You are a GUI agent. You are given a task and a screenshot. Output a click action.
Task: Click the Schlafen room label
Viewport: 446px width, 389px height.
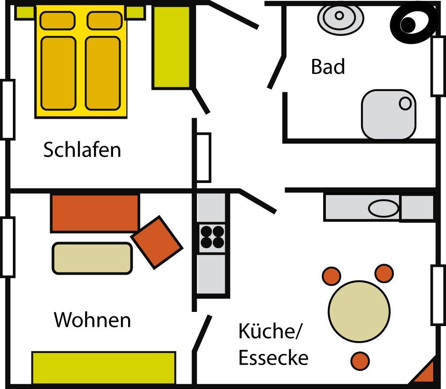(x=82, y=150)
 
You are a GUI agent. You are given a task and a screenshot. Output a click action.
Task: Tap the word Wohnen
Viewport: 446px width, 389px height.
(x=92, y=319)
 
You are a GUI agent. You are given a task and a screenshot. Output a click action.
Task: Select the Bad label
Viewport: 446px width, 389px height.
(x=328, y=67)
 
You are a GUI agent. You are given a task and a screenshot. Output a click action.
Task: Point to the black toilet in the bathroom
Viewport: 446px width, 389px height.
(x=411, y=23)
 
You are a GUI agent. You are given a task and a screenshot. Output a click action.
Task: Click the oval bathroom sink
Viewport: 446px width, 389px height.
(x=340, y=17)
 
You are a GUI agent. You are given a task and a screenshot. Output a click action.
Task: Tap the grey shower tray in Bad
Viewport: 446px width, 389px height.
(x=388, y=114)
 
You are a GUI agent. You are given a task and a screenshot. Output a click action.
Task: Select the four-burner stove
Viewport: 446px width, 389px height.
(x=212, y=237)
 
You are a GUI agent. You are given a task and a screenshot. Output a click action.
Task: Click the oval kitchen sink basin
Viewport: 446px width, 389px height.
(x=383, y=208)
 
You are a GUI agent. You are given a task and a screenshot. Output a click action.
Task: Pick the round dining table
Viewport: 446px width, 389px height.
(x=359, y=311)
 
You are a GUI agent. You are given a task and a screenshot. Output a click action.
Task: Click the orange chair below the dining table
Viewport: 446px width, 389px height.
(x=360, y=361)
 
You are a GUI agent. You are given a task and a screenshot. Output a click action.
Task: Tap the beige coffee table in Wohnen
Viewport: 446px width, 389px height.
(x=92, y=258)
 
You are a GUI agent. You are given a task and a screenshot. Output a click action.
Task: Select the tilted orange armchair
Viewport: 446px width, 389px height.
(x=157, y=242)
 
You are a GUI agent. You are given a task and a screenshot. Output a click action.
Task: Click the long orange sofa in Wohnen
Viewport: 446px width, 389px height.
(x=95, y=213)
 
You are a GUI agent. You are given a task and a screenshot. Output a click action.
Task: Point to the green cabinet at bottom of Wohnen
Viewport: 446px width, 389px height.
(x=104, y=367)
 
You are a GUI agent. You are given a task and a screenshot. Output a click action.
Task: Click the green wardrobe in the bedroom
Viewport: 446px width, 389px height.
(x=172, y=47)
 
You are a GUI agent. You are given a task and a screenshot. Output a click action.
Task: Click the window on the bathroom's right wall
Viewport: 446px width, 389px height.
(x=438, y=66)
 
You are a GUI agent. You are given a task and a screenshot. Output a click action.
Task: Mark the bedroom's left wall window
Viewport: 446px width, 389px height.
(x=8, y=109)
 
